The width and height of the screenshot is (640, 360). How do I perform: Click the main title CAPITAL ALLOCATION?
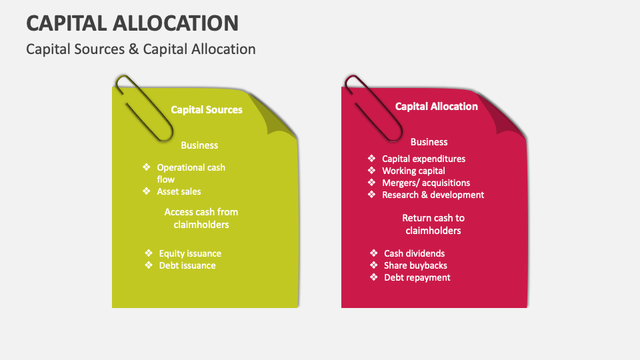coord(132,23)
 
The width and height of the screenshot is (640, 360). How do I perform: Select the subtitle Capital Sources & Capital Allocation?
coord(141,49)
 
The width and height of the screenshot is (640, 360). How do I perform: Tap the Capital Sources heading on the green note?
coord(207,110)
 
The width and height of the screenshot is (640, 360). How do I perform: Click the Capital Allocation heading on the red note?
coord(436,107)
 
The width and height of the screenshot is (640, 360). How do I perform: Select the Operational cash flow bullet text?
coord(191,173)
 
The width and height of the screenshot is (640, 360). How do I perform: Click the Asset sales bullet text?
coord(179,192)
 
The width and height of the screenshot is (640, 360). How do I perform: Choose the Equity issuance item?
coord(190,253)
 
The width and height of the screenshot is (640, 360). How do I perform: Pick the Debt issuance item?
coord(187,265)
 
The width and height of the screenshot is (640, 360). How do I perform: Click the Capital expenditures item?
coord(423,159)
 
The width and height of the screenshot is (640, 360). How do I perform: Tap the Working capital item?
coord(413,171)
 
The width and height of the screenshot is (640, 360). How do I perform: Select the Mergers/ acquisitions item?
coord(426,183)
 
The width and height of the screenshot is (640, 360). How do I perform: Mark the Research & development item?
coord(433,195)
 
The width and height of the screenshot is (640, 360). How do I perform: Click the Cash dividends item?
coord(414,253)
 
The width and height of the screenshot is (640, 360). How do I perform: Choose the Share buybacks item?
coord(415,265)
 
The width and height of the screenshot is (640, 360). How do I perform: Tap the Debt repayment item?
coord(417,277)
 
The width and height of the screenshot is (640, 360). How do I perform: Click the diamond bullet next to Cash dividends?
coord(374,253)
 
